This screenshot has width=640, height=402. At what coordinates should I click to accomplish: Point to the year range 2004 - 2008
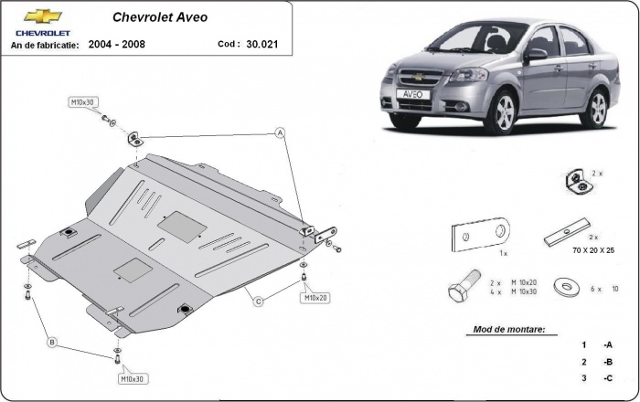click(117, 43)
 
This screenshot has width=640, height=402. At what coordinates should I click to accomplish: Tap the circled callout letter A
click(282, 133)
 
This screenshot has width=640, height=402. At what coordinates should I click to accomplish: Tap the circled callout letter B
click(53, 343)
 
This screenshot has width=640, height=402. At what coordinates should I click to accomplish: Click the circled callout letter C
click(259, 301)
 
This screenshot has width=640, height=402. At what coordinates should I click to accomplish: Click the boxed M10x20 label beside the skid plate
click(315, 298)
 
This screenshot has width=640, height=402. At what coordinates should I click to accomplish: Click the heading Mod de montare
click(509, 329)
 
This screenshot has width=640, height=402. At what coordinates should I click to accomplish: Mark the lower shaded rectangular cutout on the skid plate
click(133, 268)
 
